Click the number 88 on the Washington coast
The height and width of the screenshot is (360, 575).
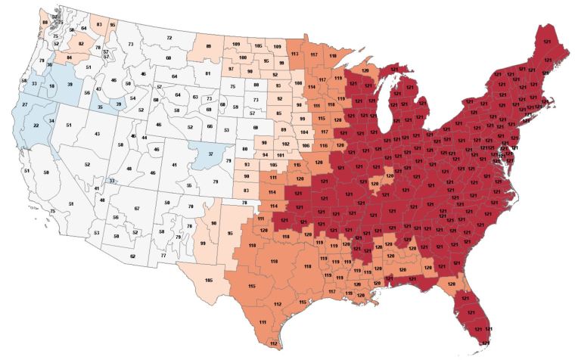45,23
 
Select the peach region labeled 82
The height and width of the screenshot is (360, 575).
81,45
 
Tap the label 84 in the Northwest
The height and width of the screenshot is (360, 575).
70,57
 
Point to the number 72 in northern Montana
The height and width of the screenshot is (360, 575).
169,37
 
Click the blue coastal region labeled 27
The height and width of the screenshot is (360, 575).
24,104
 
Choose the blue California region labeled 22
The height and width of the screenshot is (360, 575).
36,125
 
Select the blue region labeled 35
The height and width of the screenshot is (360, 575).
101,109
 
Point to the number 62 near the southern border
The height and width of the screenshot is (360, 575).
132,256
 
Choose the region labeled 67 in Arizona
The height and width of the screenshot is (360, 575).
137,208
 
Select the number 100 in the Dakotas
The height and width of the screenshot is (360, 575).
243,57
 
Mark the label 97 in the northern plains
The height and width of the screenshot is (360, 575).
232,69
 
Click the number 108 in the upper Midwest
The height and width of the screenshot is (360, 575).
298,82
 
